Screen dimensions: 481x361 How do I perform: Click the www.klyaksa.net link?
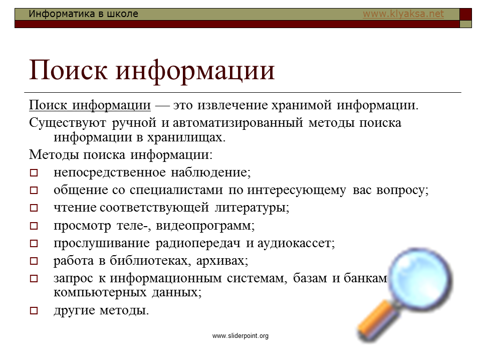click(403, 14)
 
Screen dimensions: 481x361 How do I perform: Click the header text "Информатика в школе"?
click(84, 14)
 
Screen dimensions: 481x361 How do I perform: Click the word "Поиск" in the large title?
click(68, 70)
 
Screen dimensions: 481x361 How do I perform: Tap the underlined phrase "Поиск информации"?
click(90, 105)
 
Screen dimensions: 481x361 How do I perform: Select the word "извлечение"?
click(233, 105)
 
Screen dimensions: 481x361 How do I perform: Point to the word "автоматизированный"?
click(237, 123)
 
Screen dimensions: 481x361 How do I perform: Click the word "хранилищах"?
click(186, 137)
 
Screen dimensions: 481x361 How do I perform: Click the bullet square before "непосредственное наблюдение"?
click(34, 173)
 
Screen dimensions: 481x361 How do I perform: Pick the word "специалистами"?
click(176, 191)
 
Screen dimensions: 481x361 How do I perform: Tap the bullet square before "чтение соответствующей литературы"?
click(34, 208)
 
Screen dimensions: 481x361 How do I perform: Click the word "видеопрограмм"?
click(205, 226)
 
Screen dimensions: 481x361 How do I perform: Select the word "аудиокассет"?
click(296, 244)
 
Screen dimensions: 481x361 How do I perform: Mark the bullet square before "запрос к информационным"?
click(34, 278)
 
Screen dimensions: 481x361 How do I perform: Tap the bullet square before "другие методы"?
click(34, 311)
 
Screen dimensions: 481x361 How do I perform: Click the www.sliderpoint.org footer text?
click(240, 335)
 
